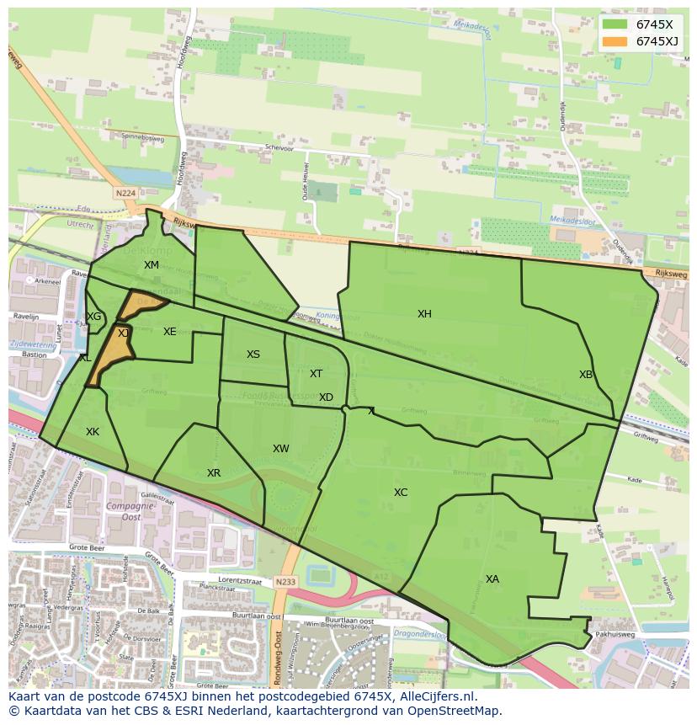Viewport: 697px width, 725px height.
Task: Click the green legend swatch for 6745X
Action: (x=615, y=25)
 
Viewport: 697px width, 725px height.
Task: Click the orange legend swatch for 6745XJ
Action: (x=615, y=41)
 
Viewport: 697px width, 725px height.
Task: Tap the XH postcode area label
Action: (x=424, y=314)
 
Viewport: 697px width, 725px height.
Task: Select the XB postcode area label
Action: (x=586, y=375)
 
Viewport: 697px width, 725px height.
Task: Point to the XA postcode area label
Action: (x=492, y=579)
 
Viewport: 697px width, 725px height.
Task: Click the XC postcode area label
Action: (x=401, y=493)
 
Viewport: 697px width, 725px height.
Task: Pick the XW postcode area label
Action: (x=281, y=449)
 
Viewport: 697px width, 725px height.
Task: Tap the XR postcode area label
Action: (x=214, y=473)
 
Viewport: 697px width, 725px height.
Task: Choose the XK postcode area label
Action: (x=93, y=432)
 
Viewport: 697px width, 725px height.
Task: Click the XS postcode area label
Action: (x=253, y=355)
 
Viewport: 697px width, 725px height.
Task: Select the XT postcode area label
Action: (x=316, y=374)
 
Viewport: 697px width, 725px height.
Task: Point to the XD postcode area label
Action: (x=326, y=397)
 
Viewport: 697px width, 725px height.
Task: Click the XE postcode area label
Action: (x=170, y=332)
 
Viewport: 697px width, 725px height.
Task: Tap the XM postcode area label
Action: (x=152, y=265)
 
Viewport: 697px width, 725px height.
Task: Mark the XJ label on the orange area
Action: (x=123, y=333)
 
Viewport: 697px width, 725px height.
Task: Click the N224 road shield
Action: (x=125, y=193)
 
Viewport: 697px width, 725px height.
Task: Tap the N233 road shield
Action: (x=285, y=581)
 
